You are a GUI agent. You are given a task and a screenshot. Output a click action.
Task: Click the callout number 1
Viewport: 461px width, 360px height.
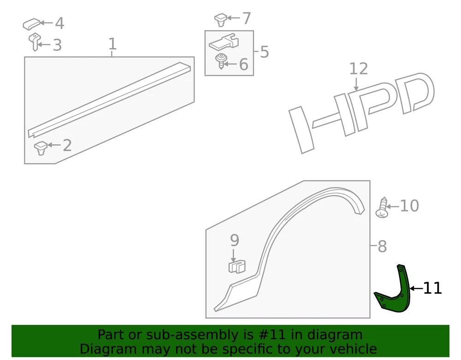tap(112, 44)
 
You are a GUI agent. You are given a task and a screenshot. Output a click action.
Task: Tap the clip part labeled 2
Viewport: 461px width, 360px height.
tap(41, 148)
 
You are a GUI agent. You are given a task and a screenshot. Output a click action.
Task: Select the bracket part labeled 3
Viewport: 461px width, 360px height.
tap(35, 42)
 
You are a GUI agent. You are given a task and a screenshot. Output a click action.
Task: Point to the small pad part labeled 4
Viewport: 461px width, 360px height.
tap(32, 24)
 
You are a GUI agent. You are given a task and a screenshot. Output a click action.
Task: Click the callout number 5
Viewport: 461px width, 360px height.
tap(265, 52)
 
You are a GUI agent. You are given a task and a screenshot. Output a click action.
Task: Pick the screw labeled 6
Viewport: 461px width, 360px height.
tap(220, 61)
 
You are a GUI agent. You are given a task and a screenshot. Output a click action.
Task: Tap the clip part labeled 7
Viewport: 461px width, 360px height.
tap(221, 20)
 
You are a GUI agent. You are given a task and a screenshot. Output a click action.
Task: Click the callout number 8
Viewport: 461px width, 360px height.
tap(382, 246)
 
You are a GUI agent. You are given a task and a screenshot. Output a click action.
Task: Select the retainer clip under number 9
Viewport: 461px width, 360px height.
tap(237, 266)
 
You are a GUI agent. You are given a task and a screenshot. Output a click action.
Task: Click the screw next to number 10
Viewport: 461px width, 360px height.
tap(382, 207)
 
